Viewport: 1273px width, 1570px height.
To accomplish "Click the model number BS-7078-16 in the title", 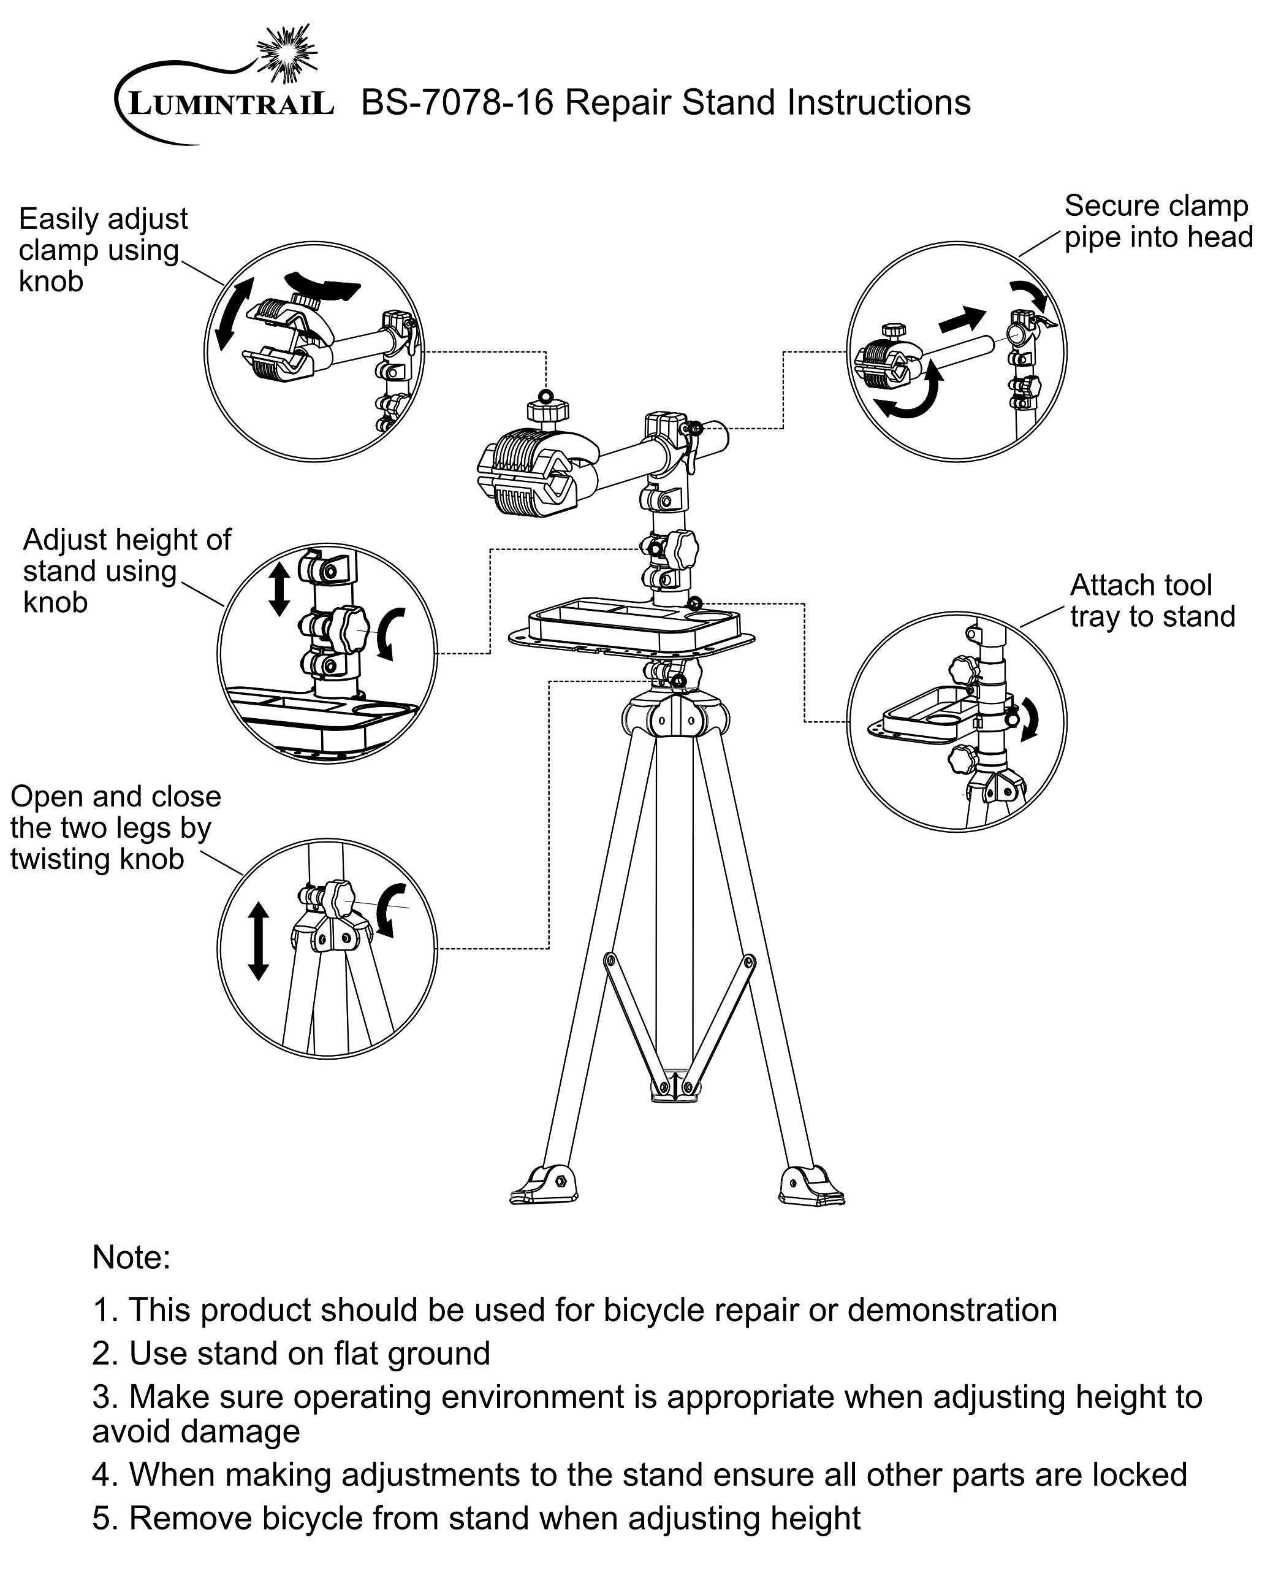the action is [457, 102].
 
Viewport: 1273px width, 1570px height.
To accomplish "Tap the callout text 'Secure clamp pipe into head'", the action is [1158, 221].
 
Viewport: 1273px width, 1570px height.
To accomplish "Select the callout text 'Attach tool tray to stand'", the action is [1153, 601].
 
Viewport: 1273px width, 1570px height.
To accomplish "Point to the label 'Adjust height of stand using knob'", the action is [127, 571].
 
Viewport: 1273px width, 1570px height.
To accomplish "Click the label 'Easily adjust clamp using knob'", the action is [103, 250].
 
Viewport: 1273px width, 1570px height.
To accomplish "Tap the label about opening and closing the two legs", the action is [116, 827].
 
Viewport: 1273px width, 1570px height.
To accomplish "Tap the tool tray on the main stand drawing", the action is [631, 625].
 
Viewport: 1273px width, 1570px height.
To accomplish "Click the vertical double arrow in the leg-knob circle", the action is [258, 941].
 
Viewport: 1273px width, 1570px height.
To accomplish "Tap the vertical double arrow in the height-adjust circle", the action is [279, 588].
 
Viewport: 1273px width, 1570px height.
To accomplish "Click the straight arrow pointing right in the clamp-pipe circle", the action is [962, 318].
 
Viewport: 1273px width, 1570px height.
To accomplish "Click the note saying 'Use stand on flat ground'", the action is [291, 1354].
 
